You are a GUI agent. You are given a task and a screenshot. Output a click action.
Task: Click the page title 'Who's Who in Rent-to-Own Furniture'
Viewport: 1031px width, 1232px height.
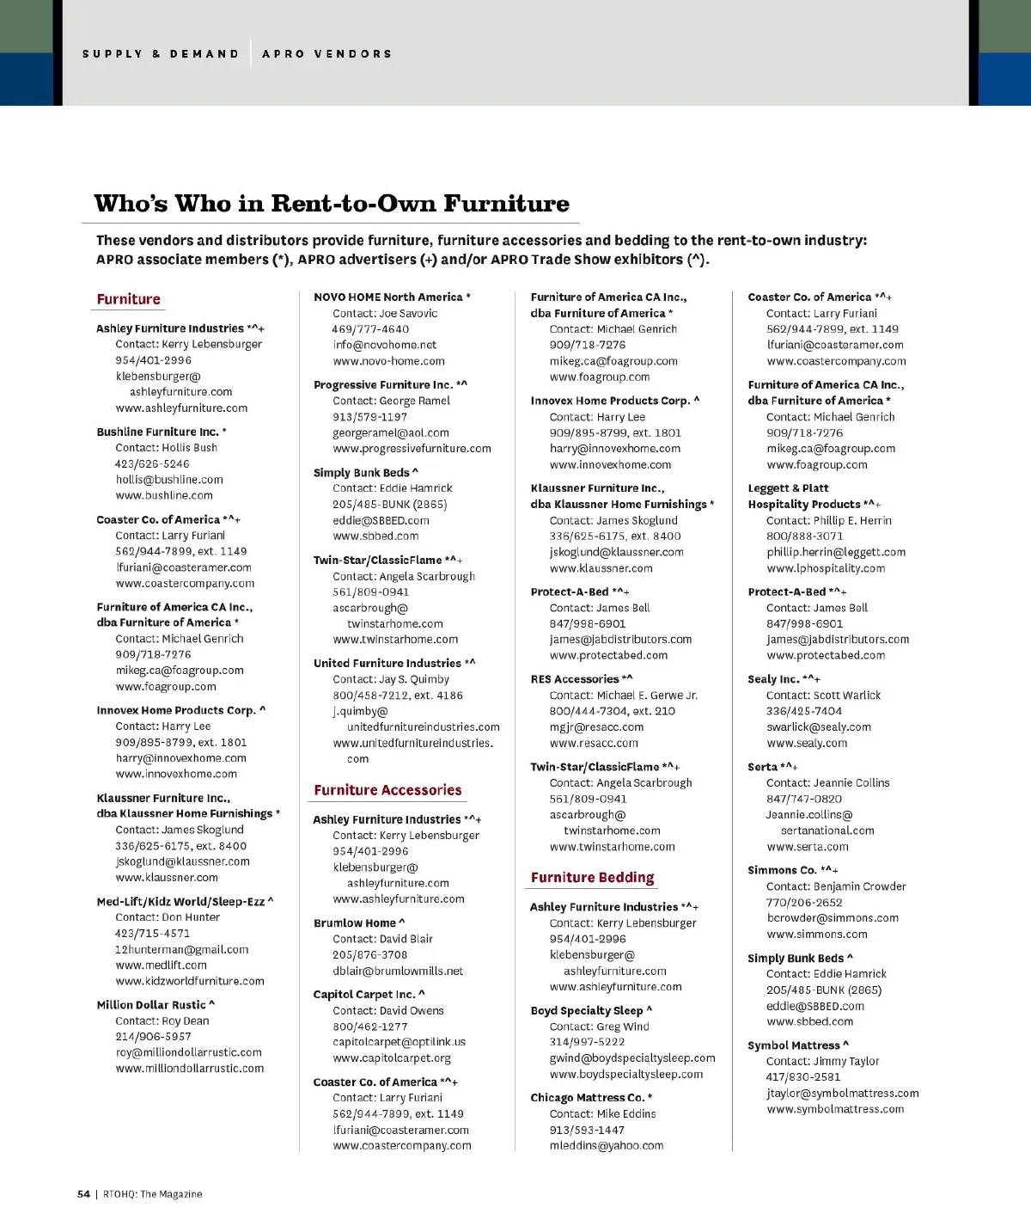tap(332, 204)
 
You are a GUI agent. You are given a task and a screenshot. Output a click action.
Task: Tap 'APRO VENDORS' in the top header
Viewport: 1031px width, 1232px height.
tap(326, 53)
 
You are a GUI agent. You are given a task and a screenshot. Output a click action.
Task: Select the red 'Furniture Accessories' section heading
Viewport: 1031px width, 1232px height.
tap(387, 790)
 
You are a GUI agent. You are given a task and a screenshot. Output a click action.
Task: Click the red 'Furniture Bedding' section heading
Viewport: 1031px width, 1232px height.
tap(592, 878)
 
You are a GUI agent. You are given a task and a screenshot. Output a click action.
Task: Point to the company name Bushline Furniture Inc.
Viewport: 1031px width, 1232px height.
tap(161, 432)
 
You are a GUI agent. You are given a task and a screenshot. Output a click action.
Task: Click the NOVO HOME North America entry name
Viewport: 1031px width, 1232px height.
tap(392, 297)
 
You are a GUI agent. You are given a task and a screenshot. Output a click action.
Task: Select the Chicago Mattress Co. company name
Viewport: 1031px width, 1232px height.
tap(590, 1098)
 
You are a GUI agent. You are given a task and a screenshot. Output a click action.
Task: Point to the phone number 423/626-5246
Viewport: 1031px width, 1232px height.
tap(153, 463)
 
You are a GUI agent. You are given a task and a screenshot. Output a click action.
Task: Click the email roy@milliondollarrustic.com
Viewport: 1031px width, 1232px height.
tap(189, 1052)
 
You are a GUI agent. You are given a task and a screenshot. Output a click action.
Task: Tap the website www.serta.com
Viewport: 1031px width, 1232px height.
tap(808, 847)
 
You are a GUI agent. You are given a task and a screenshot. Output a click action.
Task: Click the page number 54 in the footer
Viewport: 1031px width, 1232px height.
tap(83, 1193)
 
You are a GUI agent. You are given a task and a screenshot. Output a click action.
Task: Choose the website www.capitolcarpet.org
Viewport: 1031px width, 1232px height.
tap(392, 1058)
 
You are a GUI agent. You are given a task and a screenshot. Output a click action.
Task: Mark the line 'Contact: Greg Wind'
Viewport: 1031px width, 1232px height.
tap(600, 1027)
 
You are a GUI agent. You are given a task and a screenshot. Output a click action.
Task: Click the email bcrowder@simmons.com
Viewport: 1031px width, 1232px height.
tap(833, 918)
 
